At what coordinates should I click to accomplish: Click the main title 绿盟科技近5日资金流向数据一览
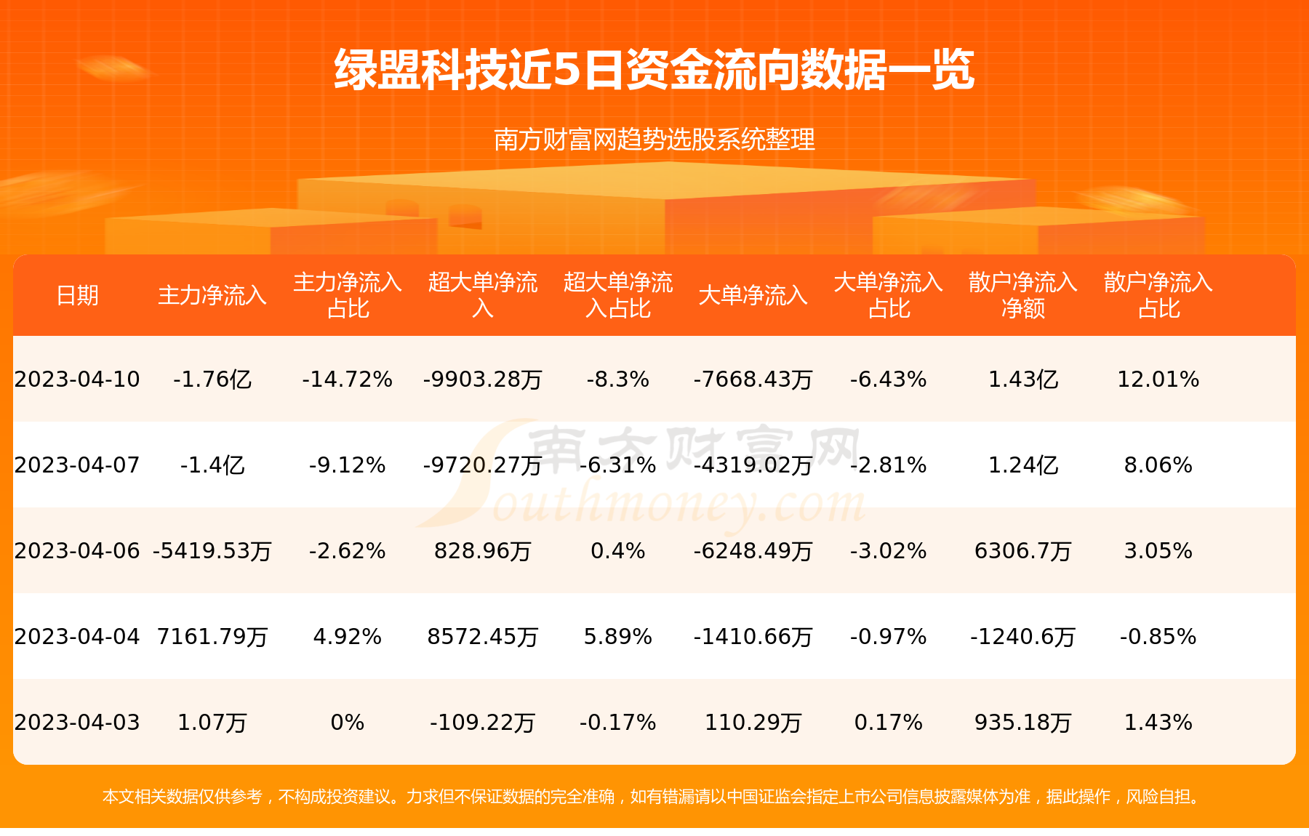pos(654,70)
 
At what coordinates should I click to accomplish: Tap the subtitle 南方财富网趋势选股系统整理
pos(654,139)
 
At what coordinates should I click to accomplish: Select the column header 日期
pos(77,296)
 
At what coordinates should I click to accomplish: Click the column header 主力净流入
pos(212,296)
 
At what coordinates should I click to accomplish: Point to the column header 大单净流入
pos(753,296)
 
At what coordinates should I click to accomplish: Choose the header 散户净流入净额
pos(1022,295)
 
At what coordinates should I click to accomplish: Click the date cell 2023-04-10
pos(77,379)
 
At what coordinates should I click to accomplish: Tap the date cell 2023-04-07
pos(77,465)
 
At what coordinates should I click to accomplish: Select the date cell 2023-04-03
pos(77,723)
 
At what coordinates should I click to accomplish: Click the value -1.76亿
pos(212,379)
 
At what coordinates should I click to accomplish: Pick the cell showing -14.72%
pos(347,379)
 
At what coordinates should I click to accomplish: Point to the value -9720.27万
pos(482,465)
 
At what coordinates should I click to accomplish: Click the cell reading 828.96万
pos(482,551)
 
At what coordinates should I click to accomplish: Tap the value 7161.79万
pos(212,637)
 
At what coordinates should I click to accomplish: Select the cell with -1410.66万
pos(753,637)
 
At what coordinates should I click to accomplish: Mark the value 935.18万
pos(1022,723)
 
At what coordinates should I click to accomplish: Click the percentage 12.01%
pos(1158,379)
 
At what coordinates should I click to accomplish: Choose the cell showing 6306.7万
pos(1022,551)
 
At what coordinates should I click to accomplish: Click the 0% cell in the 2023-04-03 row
pos(347,723)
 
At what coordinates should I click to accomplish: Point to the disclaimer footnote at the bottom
pos(652,797)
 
